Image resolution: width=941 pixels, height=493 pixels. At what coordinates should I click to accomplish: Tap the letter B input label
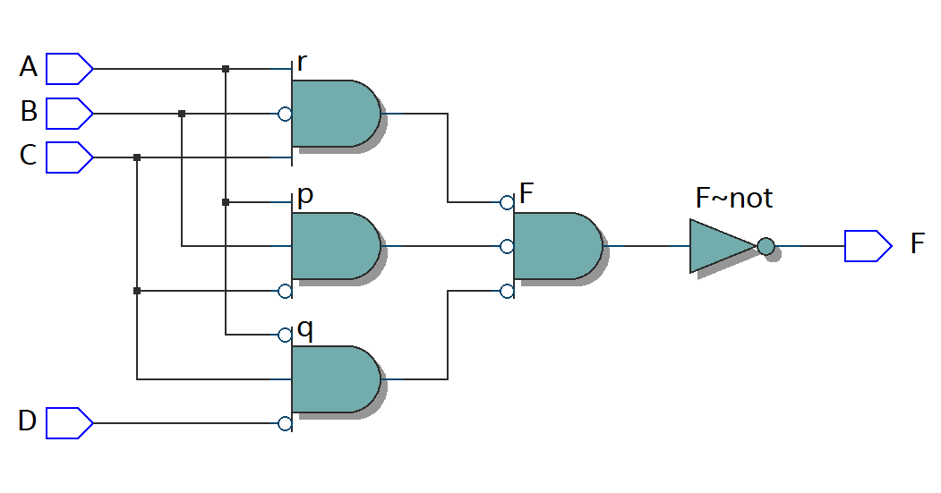click(29, 112)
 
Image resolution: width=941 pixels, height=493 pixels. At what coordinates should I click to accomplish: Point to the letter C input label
click(29, 156)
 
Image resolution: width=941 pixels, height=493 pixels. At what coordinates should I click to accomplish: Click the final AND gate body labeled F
click(555, 246)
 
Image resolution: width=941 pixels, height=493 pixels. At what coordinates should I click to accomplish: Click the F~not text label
click(733, 198)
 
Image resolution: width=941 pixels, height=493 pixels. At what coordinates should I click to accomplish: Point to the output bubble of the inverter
click(766, 246)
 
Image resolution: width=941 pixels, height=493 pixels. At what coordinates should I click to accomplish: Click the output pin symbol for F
click(868, 245)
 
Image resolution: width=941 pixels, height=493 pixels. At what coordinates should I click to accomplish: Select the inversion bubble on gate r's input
click(285, 114)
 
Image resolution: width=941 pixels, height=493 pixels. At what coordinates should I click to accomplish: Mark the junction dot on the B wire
click(182, 114)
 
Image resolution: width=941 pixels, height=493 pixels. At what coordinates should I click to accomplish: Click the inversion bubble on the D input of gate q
click(285, 423)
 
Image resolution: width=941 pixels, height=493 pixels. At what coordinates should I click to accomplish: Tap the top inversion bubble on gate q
click(285, 335)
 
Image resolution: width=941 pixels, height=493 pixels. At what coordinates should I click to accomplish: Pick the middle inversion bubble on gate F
click(507, 246)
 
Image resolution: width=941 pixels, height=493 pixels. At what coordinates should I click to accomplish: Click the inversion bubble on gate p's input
click(285, 291)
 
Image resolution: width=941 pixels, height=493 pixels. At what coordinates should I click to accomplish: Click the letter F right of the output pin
click(917, 243)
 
